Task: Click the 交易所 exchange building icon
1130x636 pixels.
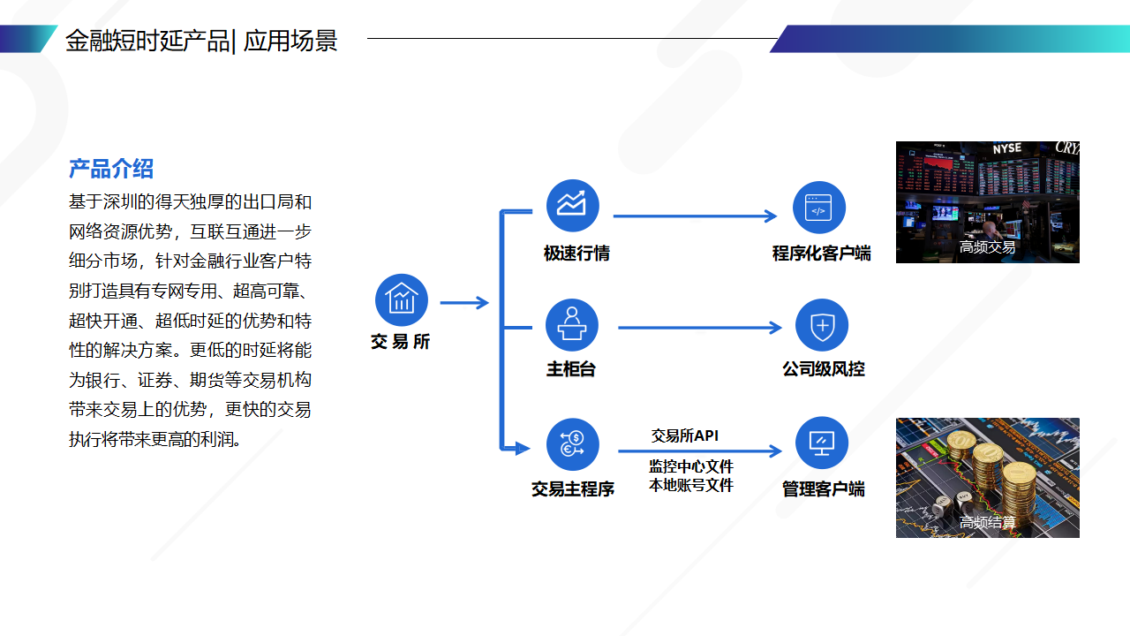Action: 402,299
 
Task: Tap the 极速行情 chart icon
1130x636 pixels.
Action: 573,205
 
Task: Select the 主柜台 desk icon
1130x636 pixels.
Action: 572,325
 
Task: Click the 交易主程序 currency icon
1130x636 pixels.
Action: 572,444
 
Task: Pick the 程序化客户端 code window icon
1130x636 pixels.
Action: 819,208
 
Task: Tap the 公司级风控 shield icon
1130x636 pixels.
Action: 822,325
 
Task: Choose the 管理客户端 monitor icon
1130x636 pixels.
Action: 822,443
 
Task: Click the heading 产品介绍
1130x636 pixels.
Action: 111,168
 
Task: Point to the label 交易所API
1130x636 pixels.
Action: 685,435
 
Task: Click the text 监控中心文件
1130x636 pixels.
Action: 691,466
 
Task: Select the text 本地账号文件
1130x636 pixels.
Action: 691,485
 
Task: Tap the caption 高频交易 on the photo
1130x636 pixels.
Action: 987,247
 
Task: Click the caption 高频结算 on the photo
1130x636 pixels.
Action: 987,522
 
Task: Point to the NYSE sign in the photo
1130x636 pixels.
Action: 1006,149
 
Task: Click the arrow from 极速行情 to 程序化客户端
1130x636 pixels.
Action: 695,216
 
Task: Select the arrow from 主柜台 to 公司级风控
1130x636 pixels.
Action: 699,328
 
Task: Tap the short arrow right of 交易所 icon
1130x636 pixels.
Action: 463,303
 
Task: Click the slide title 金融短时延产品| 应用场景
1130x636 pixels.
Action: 201,41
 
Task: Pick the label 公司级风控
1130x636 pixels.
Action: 823,369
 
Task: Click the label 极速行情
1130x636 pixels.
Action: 576,254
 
